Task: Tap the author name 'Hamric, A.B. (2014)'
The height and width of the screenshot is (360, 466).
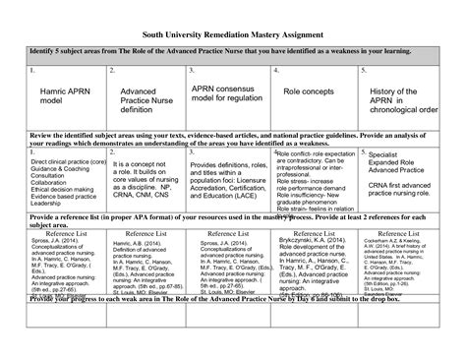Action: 138,246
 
